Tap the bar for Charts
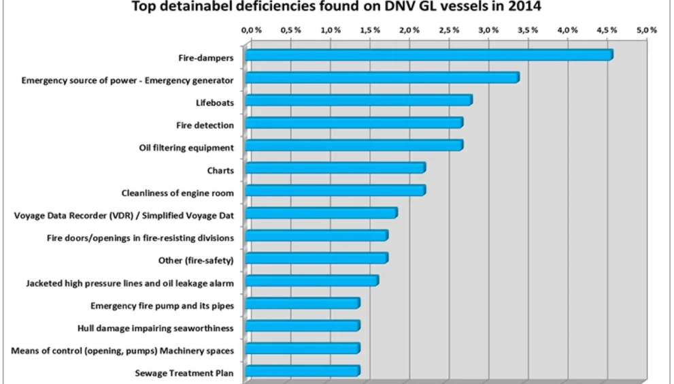[x=335, y=168]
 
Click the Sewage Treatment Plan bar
[x=303, y=371]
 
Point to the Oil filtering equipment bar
[x=354, y=146]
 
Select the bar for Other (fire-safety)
[x=316, y=258]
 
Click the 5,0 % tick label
[x=646, y=31]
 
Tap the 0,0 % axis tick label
[x=252, y=31]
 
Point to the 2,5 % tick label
[x=449, y=31]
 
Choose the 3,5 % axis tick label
[x=528, y=31]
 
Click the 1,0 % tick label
[x=331, y=31]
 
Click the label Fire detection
[x=205, y=125]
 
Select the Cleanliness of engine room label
[x=178, y=193]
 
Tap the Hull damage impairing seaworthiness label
[x=156, y=327]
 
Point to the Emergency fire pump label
[x=163, y=305]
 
